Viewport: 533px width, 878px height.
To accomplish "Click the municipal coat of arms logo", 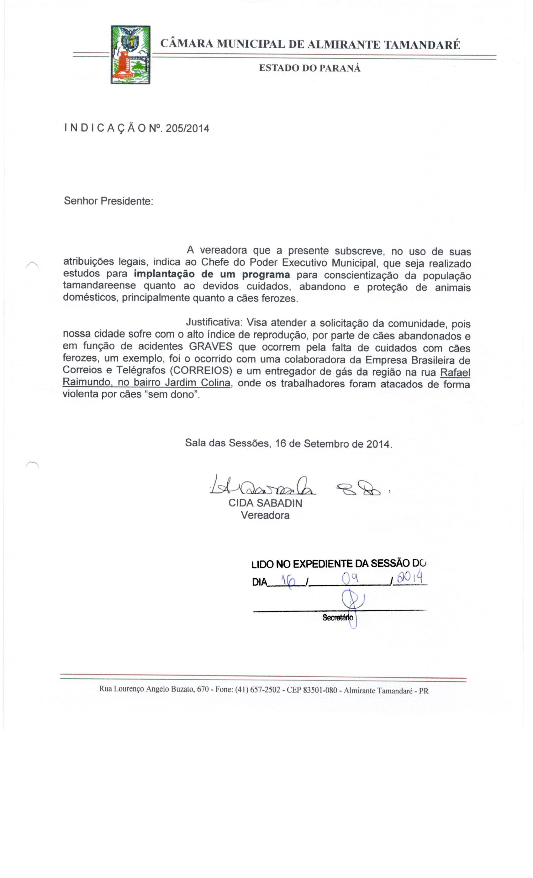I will (130, 55).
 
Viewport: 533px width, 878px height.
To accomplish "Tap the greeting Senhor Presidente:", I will (108, 201).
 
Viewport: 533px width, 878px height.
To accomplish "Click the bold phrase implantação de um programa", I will (212, 275).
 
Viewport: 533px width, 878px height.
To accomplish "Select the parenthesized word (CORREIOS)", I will (201, 371).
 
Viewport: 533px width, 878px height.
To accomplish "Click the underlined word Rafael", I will (455, 373).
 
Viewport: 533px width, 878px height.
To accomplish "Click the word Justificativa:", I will (214, 322).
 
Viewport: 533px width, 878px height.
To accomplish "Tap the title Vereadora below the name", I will (265, 515).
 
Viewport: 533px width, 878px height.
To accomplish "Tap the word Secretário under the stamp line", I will (337, 617).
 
